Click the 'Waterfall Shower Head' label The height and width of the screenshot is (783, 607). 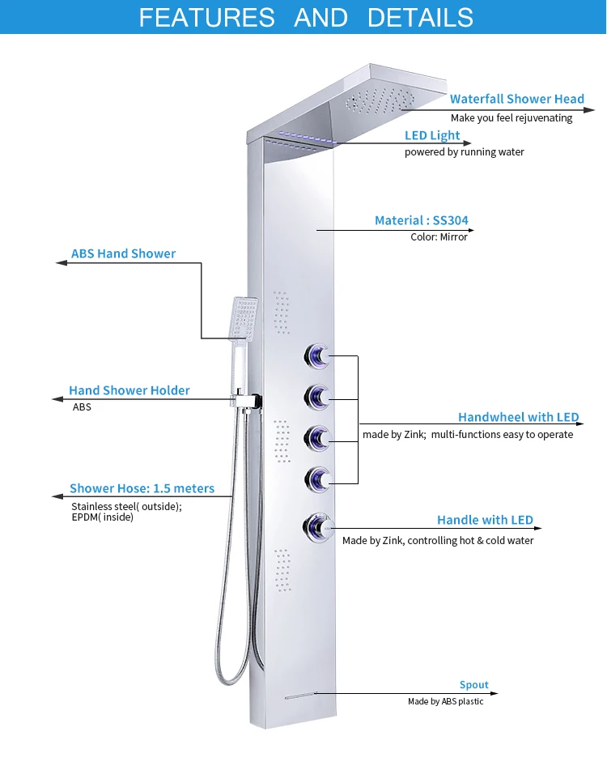coord(516,99)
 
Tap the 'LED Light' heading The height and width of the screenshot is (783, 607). coord(432,135)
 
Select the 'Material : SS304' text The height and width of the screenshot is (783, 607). coord(421,220)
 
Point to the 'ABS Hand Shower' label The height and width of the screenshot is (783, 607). coord(123,253)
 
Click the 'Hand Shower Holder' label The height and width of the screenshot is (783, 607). coord(129,390)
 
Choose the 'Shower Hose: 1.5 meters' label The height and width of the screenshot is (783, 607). coord(142,488)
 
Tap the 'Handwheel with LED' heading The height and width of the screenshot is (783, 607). coord(518,417)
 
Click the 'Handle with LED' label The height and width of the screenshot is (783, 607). coord(485,520)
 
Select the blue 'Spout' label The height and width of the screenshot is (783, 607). coord(474,684)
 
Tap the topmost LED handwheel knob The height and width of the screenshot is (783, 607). coord(317,355)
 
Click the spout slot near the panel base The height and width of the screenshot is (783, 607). coord(299,695)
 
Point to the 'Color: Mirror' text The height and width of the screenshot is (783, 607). coord(439,237)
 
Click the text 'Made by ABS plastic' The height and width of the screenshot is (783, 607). coord(445,701)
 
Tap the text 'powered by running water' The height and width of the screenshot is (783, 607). coord(464,152)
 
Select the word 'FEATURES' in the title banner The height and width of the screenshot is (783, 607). coord(207,17)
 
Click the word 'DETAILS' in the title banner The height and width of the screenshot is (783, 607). coord(420,17)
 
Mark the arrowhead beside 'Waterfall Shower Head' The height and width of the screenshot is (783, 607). coord(590,109)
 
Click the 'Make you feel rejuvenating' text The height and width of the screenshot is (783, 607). coord(511,118)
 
